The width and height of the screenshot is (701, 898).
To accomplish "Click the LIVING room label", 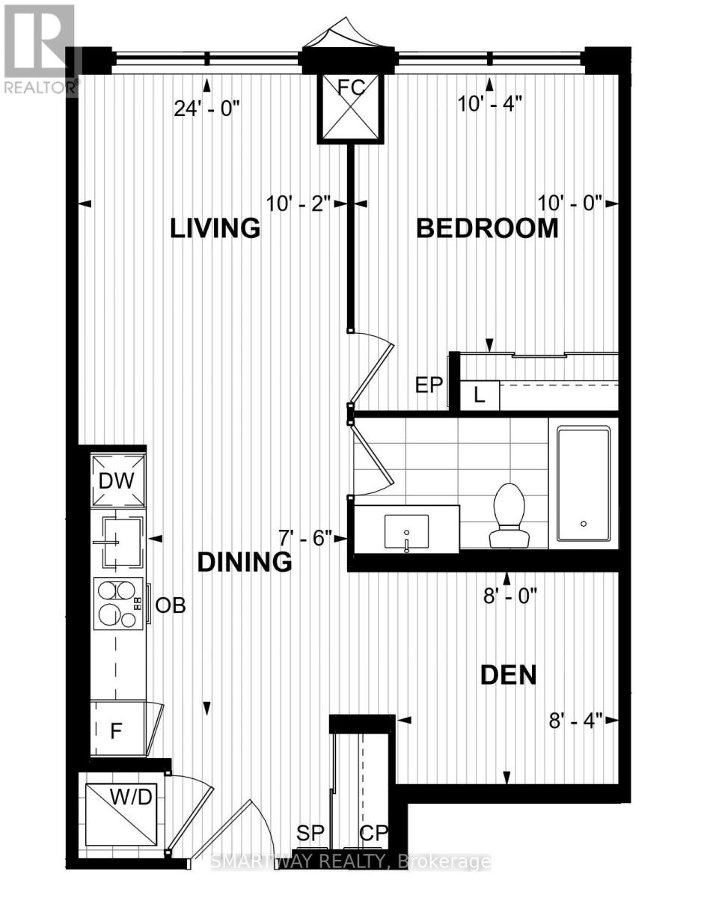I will point(215,227).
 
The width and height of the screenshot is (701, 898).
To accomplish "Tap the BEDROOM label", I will point(487,227).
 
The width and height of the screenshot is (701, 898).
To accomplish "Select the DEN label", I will point(509,675).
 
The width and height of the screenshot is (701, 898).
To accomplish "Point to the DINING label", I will point(245,561).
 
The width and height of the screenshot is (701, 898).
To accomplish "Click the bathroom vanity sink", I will point(406,531).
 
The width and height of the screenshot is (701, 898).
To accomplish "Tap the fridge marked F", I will point(117,729).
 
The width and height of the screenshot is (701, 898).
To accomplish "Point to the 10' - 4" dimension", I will point(489,104).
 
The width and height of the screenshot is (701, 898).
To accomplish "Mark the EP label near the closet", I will point(429,385).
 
